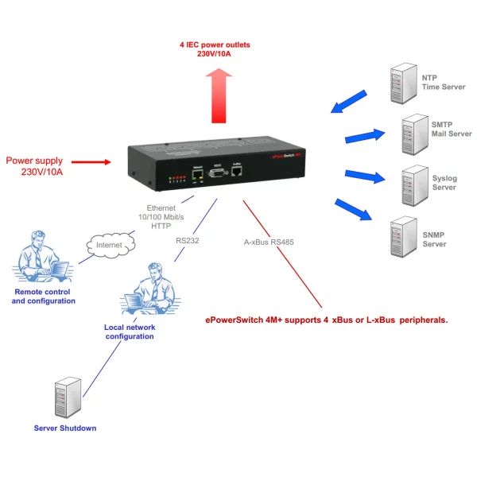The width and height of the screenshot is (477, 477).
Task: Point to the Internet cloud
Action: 109,245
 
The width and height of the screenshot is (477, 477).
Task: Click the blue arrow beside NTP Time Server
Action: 349,101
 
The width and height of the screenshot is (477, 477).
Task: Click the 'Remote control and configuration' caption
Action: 45,297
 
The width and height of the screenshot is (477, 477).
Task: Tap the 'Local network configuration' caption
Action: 129,332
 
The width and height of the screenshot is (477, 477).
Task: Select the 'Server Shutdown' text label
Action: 65,429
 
